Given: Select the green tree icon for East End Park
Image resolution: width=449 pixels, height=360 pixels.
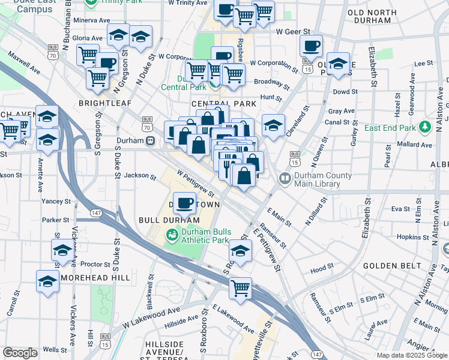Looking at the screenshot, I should pyautogui.click(x=426, y=127).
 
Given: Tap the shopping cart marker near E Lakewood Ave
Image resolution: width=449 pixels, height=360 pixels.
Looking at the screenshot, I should pyautogui.click(x=241, y=287).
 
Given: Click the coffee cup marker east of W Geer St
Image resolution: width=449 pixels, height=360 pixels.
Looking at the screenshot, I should pyautogui.click(x=311, y=46).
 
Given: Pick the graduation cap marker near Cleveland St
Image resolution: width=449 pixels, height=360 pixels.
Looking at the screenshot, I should pyautogui.click(x=273, y=126).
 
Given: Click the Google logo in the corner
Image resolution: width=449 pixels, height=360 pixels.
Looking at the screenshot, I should pyautogui.click(x=20, y=353).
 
